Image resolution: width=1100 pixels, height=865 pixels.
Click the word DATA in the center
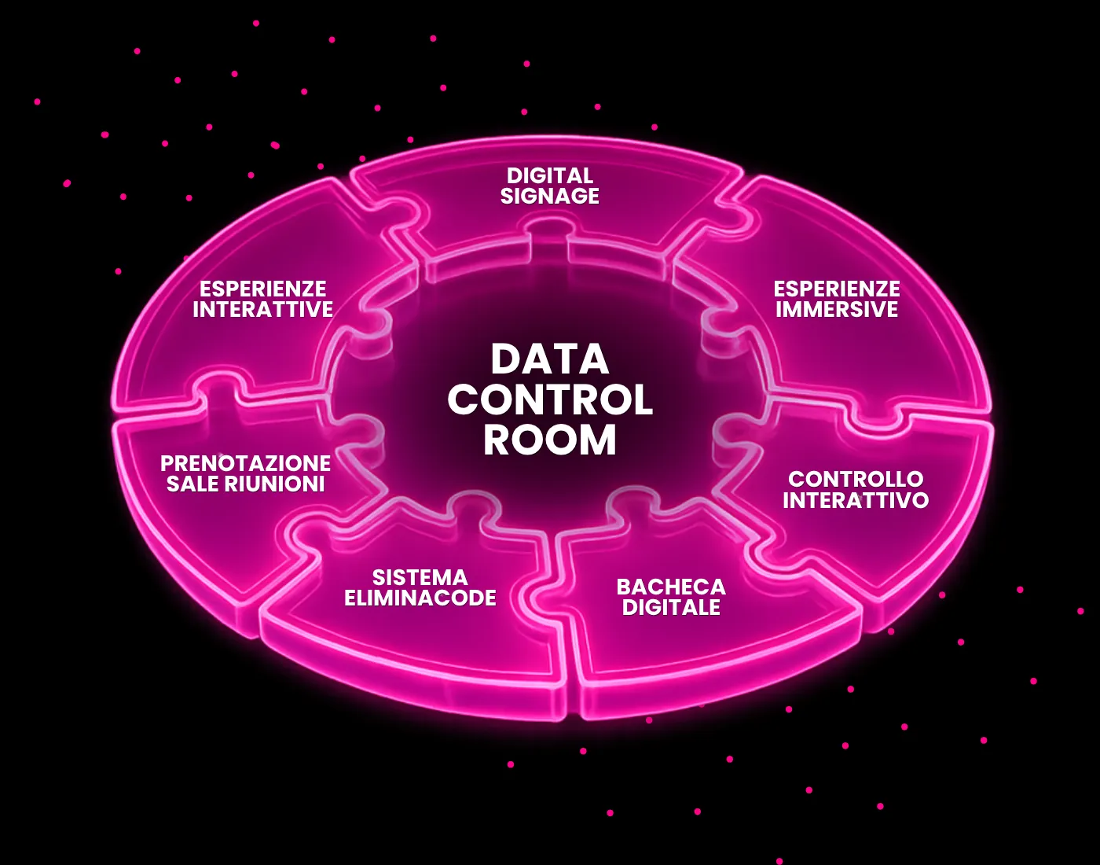pyautogui.click(x=550, y=359)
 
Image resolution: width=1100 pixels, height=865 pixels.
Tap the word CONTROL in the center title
pyautogui.click(x=550, y=399)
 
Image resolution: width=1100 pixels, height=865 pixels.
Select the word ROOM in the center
pyautogui.click(x=550, y=440)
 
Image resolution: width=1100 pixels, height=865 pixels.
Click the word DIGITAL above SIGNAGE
pyautogui.click(x=550, y=175)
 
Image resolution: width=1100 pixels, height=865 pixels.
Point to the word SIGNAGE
pyautogui.click(x=550, y=196)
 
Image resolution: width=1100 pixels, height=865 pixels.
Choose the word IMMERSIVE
pyautogui.click(x=837, y=309)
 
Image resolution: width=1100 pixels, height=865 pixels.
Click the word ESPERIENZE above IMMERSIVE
pyautogui.click(x=837, y=289)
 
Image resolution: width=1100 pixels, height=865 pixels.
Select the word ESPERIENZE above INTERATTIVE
pyautogui.click(x=262, y=289)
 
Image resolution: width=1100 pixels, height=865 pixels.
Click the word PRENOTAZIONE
pyautogui.click(x=245, y=463)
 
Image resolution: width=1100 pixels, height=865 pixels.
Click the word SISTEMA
pyautogui.click(x=420, y=577)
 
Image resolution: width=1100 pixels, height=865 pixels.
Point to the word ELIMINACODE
pyautogui.click(x=420, y=598)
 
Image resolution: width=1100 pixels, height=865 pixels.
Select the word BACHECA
pyautogui.click(x=671, y=587)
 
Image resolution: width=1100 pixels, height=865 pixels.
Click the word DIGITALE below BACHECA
pyautogui.click(x=671, y=607)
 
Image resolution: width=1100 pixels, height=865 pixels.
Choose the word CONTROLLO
pyautogui.click(x=856, y=479)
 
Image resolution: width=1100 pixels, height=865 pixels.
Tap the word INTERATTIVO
pyautogui.click(x=856, y=500)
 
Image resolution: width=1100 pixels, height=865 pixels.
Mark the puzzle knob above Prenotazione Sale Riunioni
pyautogui.click(x=219, y=391)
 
